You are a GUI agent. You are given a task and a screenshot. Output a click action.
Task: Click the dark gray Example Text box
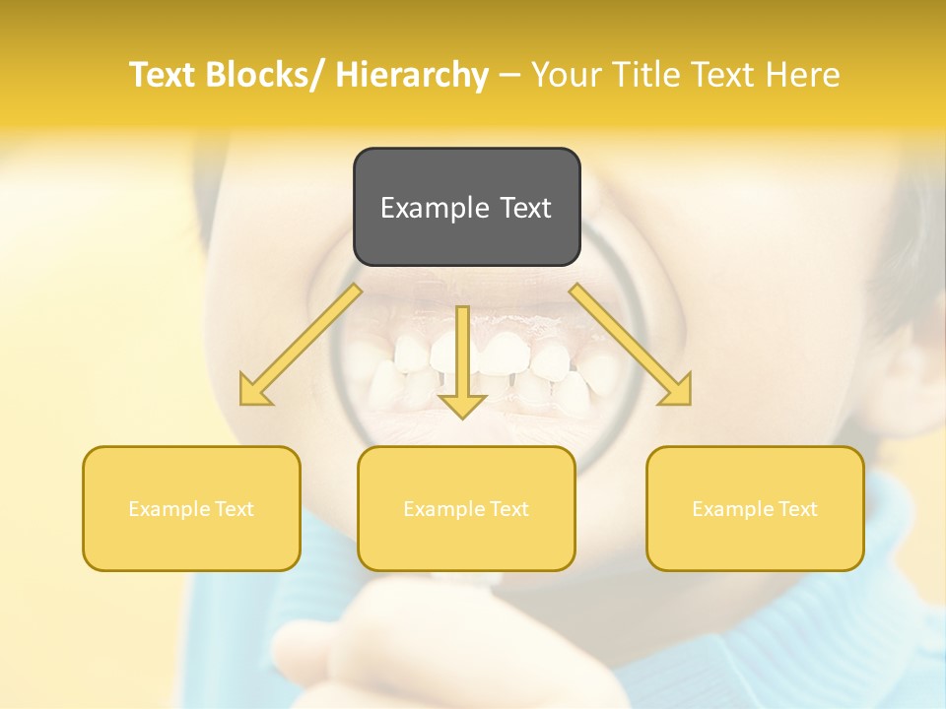pyautogui.click(x=466, y=207)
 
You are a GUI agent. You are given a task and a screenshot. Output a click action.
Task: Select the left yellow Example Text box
pyautogui.click(x=191, y=508)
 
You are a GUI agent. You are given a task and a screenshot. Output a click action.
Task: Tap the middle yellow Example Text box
pyautogui.click(x=466, y=508)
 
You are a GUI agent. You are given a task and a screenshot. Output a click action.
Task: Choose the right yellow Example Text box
pyautogui.click(x=755, y=508)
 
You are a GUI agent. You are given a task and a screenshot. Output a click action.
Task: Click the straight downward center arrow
pyautogui.click(x=462, y=354)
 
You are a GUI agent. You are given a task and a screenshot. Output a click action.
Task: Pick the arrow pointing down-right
pyautogui.click(x=631, y=345)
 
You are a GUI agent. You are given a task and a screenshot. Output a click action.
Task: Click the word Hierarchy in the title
pyautogui.click(x=412, y=75)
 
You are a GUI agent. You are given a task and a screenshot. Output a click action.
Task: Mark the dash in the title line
pyautogui.click(x=509, y=75)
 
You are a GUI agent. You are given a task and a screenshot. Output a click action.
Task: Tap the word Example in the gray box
pyautogui.click(x=435, y=208)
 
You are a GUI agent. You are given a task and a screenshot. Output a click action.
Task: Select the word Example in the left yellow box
pyautogui.click(x=169, y=509)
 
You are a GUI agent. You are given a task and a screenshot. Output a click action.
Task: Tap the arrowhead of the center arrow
pyautogui.click(x=462, y=404)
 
